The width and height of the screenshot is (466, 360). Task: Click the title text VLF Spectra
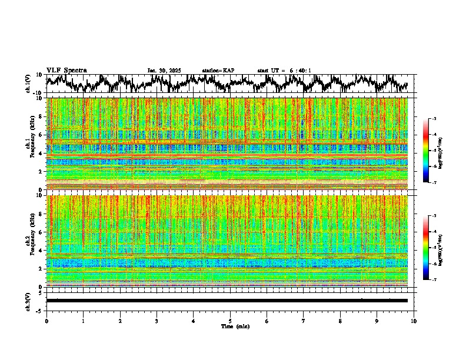click(66, 70)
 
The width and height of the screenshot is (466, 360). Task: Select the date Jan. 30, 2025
click(164, 71)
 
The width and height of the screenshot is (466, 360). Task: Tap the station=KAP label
click(218, 71)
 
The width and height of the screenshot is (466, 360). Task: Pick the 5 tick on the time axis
click(230, 321)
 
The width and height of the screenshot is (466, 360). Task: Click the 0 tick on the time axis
click(46, 321)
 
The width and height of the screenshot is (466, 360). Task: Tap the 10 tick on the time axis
click(414, 321)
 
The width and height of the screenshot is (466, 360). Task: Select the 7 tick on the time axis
click(304, 321)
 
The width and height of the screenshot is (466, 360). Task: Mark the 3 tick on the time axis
click(157, 321)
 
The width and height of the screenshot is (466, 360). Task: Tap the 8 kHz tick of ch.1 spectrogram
click(41, 116)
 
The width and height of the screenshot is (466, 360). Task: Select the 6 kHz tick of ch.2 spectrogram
click(41, 232)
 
